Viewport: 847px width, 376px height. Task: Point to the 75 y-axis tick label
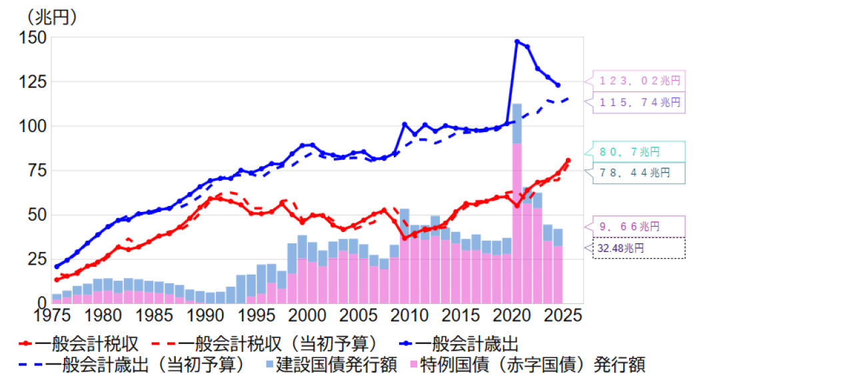[x=36, y=171]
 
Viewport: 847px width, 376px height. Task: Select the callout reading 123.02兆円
[x=638, y=81]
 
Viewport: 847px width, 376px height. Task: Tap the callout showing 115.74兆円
[x=638, y=102]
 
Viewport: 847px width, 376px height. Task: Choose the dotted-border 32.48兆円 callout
[x=638, y=248]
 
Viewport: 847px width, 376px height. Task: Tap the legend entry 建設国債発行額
[x=330, y=365]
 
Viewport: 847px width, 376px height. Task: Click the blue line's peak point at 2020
[x=517, y=41]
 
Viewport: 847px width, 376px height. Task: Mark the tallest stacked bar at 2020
[x=517, y=200]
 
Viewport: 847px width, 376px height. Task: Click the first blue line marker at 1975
[x=57, y=267]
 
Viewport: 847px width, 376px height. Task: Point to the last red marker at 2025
[x=568, y=160]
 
